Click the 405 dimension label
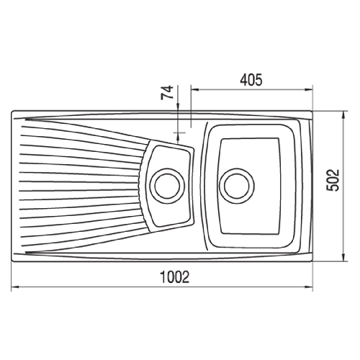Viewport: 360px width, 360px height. [251, 80]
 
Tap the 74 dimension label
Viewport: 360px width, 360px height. [167, 92]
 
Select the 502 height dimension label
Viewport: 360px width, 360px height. [333, 180]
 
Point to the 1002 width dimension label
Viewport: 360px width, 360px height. [174, 276]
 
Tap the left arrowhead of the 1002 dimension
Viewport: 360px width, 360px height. [14, 287]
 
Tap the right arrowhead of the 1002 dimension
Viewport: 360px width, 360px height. [310, 287]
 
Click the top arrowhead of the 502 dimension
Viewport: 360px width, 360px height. [344, 114]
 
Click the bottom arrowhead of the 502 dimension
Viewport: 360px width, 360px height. [344, 258]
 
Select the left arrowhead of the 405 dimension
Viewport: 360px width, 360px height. [194, 90]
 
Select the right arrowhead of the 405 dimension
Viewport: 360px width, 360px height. [309, 90]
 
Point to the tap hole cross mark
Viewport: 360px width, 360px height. [178, 132]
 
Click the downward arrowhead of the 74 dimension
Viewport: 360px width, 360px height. [178, 107]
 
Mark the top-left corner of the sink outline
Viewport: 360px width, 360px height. [12, 111]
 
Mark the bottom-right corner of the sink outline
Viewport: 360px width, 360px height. [312, 261]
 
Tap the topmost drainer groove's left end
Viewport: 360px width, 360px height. [22, 126]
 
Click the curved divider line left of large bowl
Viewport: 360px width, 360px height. [202, 186]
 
